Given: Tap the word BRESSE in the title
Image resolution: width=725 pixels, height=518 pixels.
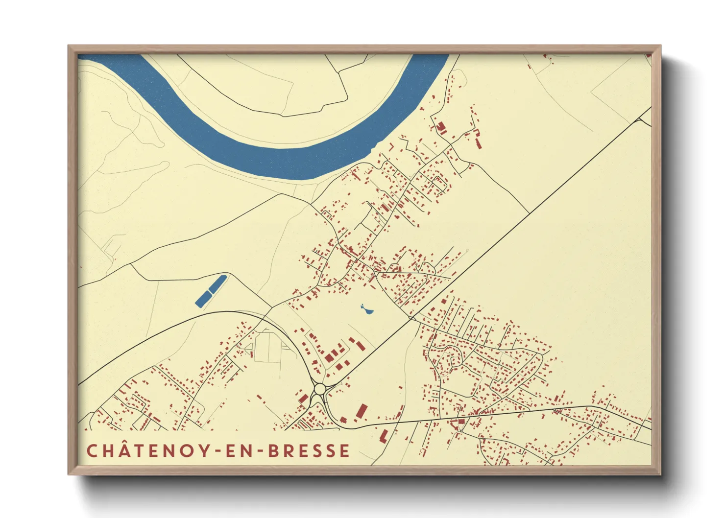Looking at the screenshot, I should (309, 451).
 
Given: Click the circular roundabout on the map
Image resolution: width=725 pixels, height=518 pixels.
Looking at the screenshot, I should (320, 390).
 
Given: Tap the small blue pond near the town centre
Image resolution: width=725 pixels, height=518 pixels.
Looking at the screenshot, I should (365, 310).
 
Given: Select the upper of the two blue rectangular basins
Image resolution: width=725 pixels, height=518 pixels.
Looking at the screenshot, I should (218, 283).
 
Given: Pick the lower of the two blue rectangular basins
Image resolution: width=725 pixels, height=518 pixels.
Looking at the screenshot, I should (202, 299).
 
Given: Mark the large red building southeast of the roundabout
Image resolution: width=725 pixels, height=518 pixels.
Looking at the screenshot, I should (362, 412).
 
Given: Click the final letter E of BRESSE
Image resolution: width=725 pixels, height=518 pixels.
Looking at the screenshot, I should (345, 451).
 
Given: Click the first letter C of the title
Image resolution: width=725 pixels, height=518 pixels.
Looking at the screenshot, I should (92, 451).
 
